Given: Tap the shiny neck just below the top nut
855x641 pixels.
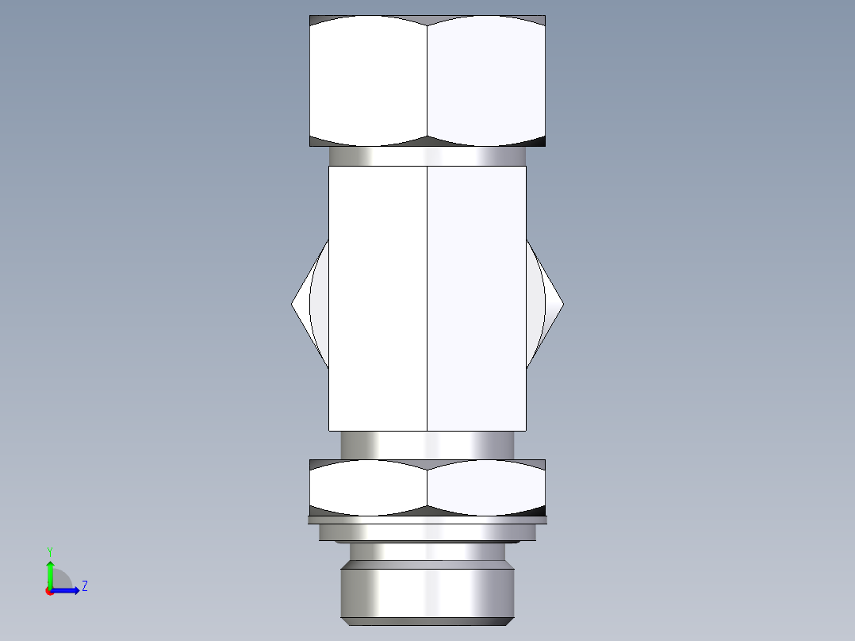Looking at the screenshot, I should coord(427,156).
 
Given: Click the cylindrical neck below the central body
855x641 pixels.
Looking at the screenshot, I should coord(427,444).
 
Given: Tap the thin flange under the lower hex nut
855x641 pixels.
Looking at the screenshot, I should coord(427,520).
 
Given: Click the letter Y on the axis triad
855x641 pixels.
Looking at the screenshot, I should coord(49,551).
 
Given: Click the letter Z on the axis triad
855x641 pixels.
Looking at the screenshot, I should coord(84,587).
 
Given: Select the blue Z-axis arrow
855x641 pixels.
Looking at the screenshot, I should coord(67,590).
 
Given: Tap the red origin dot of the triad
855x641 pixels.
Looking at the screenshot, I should coord(50,591).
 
